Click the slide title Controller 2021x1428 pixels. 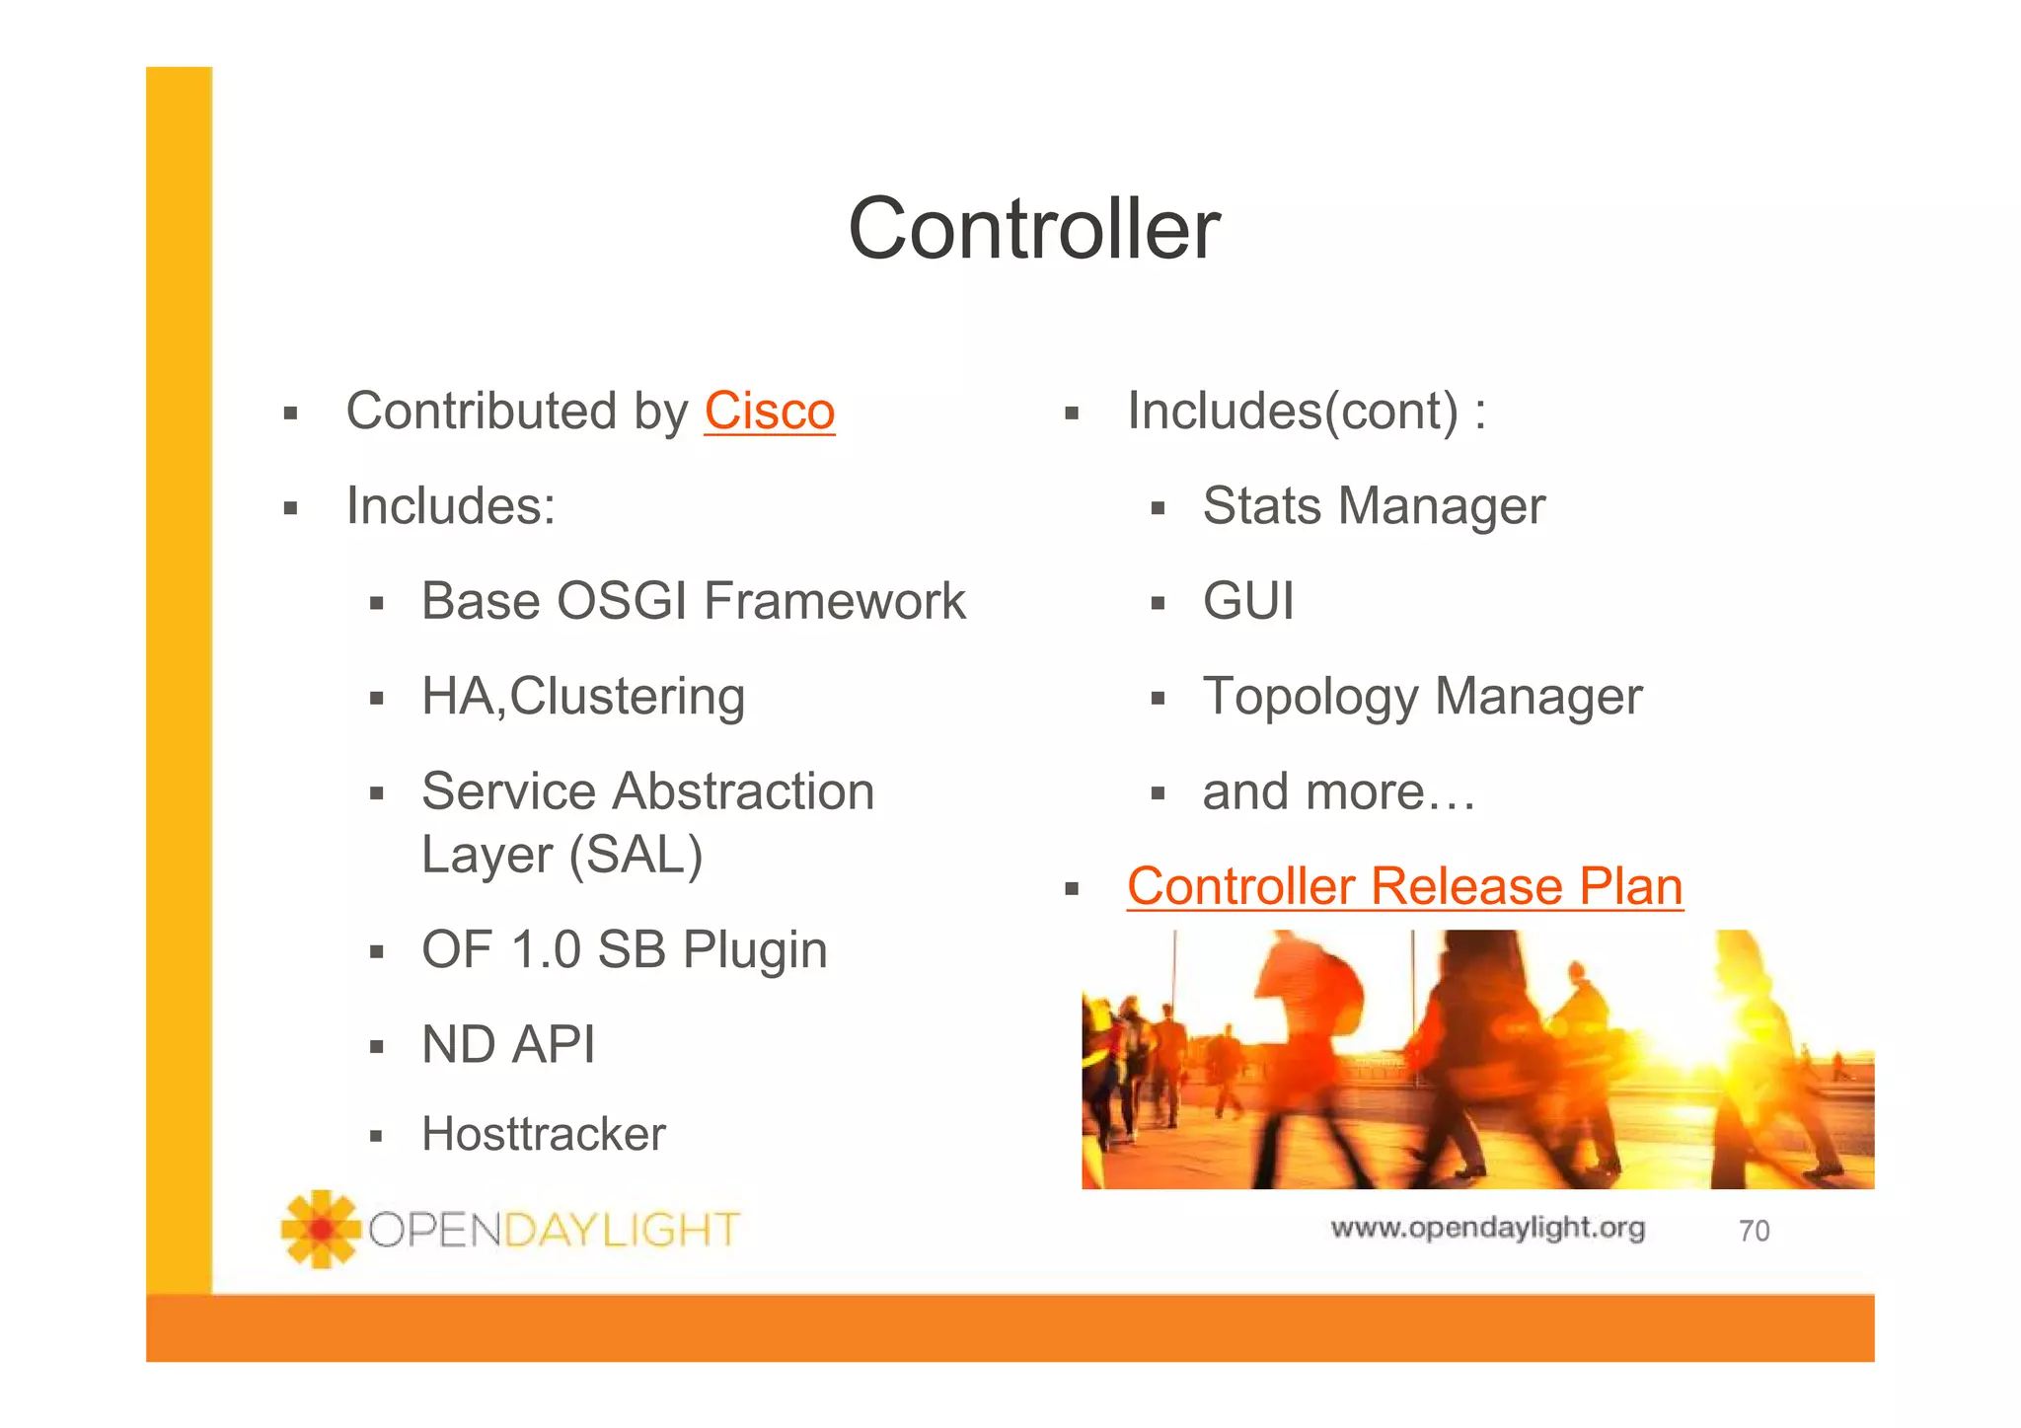click(x=1034, y=229)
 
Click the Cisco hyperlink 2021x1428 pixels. click(x=769, y=412)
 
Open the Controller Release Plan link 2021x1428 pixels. click(x=1404, y=886)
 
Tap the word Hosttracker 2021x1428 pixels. click(x=543, y=1134)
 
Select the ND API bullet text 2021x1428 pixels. click(x=508, y=1044)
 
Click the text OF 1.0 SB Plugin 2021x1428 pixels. click(x=624, y=949)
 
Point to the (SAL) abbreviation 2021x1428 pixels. click(x=636, y=855)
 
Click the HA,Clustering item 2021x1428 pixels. click(x=582, y=697)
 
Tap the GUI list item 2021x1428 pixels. click(x=1248, y=601)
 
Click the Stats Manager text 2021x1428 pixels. click(x=1373, y=506)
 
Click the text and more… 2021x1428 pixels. click(x=1338, y=791)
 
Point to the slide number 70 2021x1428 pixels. click(x=1754, y=1231)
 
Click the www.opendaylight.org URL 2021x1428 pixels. click(x=1487, y=1228)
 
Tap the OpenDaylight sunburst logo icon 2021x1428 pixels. click(x=320, y=1229)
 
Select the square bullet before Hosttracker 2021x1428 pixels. click(x=376, y=1136)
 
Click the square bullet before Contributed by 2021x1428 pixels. click(x=290, y=413)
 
